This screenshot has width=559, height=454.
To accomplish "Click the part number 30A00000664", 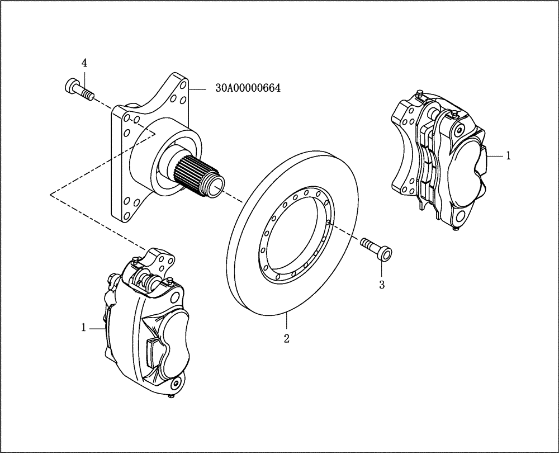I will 248,88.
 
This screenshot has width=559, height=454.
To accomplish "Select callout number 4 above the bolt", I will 84,63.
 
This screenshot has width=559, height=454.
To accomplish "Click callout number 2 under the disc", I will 286,339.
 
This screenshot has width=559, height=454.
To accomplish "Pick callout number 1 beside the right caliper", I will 508,156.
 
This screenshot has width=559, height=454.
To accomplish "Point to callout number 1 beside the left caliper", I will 84,328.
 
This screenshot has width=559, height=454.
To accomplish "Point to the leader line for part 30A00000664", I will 200,88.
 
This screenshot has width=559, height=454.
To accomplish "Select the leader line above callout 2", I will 286,323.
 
